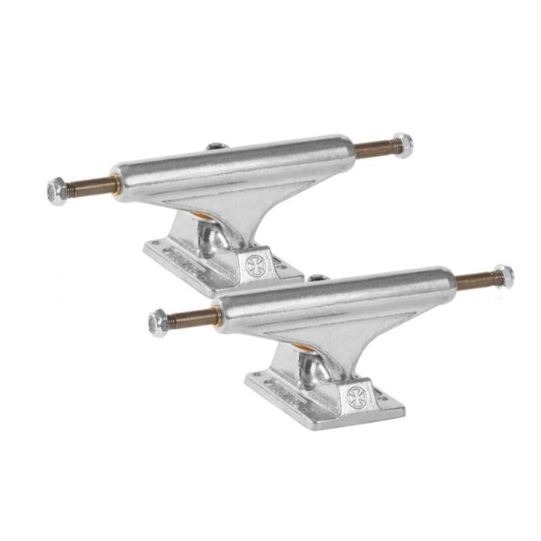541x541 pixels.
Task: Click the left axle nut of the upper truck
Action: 57,190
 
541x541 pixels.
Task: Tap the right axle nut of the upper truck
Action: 402,145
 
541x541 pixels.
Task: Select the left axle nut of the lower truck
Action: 158,322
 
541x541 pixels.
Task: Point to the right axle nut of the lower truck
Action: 503,276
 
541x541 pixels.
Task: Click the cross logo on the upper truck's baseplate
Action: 256,263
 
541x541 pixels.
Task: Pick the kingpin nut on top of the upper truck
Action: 216,146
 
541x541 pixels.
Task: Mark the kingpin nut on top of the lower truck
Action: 317,277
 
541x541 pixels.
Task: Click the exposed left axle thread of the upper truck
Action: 90,185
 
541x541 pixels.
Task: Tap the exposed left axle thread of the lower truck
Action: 192,317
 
